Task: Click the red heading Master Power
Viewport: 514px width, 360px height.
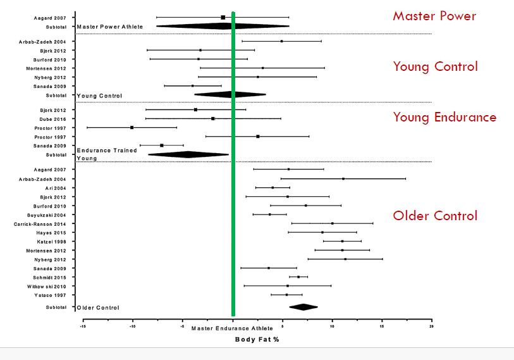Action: [434, 16]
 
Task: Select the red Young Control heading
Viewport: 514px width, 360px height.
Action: [435, 66]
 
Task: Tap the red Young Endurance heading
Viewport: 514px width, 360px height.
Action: [444, 117]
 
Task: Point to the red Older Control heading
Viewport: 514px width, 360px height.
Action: [435, 216]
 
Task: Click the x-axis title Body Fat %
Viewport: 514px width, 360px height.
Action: [257, 340]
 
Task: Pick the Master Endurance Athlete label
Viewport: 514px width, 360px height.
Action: [232, 328]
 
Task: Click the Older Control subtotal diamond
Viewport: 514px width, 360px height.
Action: [303, 307]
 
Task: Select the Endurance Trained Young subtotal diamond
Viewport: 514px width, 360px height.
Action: [188, 154]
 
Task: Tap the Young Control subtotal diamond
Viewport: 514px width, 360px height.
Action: [229, 95]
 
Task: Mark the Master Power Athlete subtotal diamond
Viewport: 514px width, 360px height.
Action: [223, 26]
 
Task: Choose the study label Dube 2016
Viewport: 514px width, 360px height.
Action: [54, 118]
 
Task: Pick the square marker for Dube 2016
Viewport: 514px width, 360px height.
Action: [213, 118]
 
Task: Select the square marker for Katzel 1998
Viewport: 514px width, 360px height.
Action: [342, 241]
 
